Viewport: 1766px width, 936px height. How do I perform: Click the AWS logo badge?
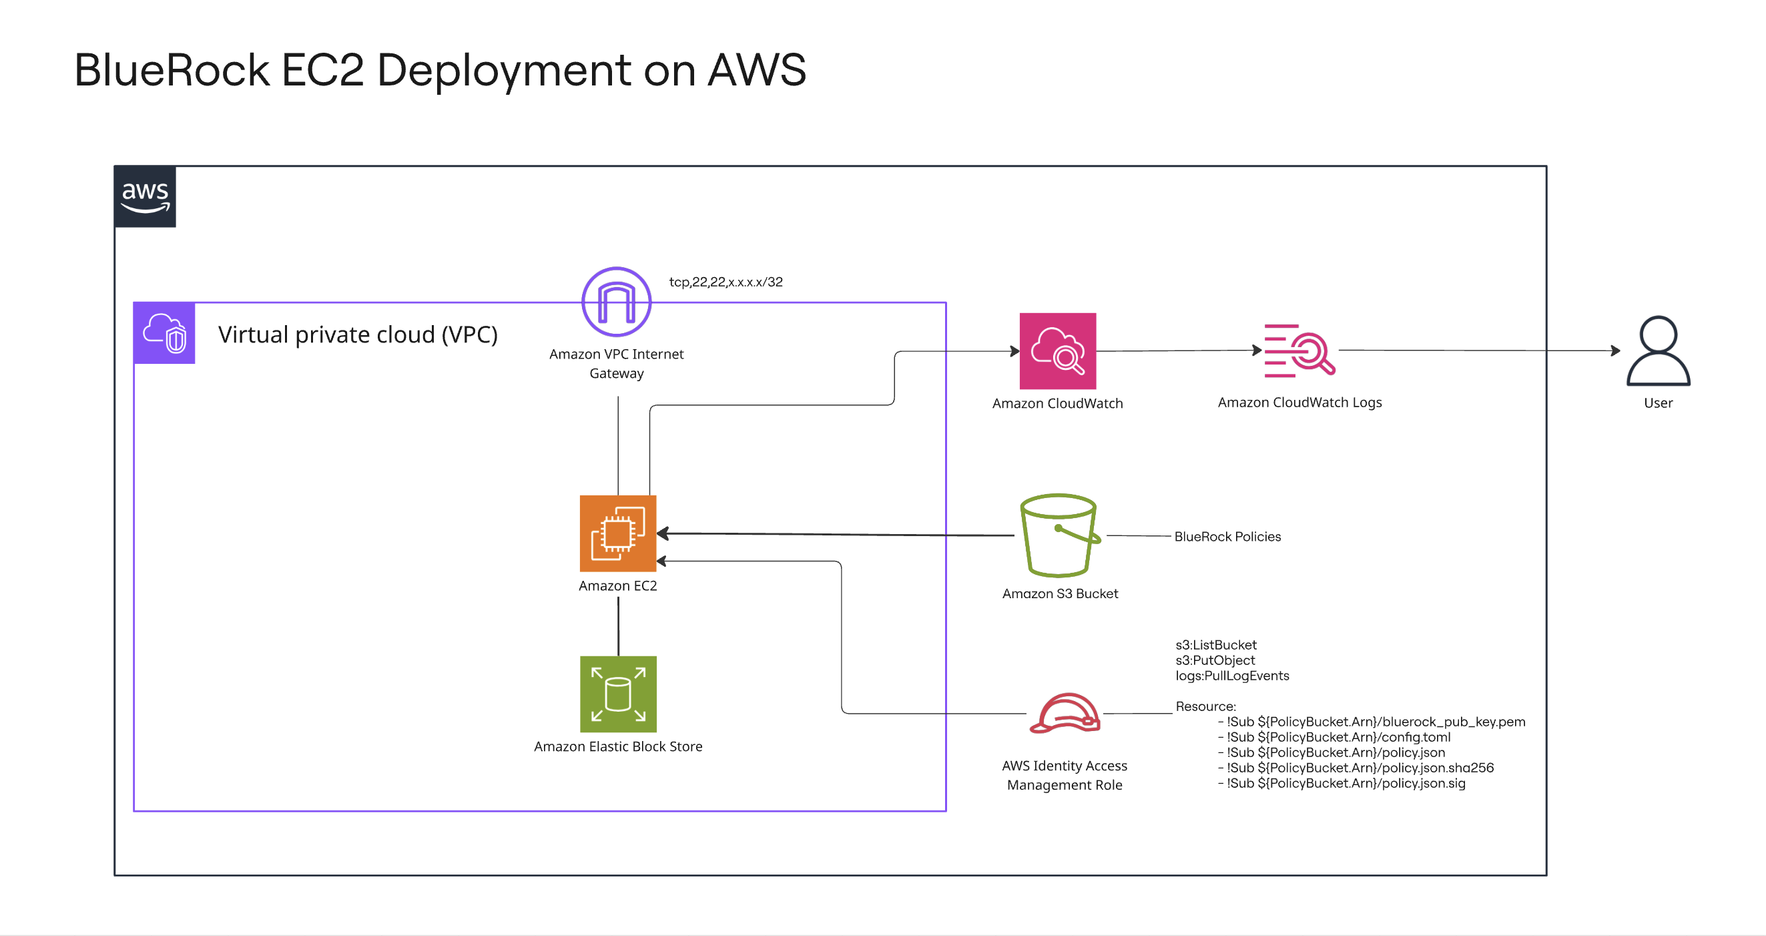point(145,197)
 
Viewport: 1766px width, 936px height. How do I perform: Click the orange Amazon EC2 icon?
point(617,533)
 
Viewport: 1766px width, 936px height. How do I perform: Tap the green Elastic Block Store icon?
point(617,694)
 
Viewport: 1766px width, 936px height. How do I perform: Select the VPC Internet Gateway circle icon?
point(616,302)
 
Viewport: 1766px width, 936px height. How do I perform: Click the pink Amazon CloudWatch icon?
point(1057,351)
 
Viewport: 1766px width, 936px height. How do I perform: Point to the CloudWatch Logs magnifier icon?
point(1301,351)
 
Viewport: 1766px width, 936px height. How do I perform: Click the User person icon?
point(1658,351)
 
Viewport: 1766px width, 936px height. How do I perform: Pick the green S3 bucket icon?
point(1059,535)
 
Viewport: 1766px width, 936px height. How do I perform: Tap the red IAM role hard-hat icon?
point(1065,714)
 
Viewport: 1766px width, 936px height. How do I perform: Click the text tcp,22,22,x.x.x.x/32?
point(725,282)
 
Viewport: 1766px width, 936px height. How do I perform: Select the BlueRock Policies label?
point(1227,536)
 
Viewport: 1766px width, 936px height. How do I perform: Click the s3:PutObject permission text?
point(1215,660)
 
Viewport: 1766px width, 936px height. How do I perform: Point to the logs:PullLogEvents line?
point(1232,676)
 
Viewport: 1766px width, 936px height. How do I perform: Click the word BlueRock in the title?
point(172,70)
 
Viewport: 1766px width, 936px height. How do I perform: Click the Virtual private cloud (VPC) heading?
point(357,334)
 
